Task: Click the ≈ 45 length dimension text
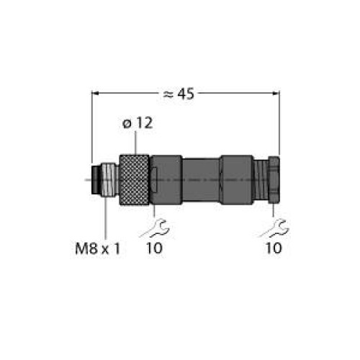point(179,94)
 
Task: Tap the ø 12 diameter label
point(138,123)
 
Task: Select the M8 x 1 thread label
point(97,248)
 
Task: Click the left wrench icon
point(155,228)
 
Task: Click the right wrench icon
point(274,228)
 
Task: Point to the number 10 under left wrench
point(154,248)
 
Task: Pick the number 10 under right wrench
point(274,248)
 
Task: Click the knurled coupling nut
point(135,180)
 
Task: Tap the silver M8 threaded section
point(109,180)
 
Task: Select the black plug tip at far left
point(96,180)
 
